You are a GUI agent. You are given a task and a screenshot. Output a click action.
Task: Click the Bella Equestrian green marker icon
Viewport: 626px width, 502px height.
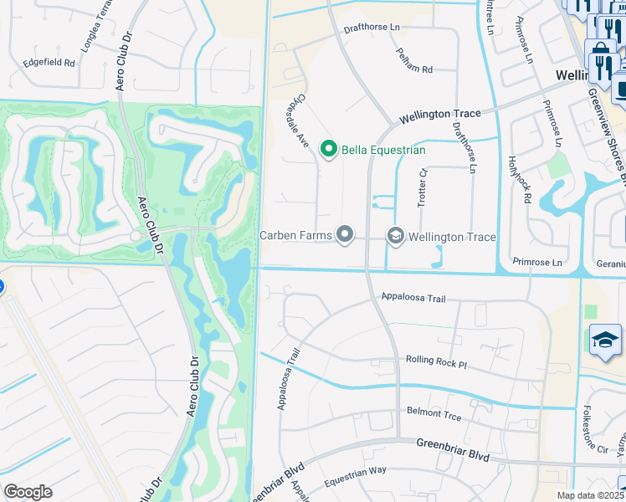click(329, 150)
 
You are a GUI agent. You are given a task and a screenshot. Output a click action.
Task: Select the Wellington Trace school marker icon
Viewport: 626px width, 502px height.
click(394, 237)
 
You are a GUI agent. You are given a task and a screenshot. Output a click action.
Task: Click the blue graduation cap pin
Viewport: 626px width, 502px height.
click(605, 340)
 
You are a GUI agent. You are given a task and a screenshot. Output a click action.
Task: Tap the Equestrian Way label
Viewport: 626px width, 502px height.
click(356, 469)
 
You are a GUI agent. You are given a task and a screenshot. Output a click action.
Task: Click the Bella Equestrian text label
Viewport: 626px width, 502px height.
click(382, 151)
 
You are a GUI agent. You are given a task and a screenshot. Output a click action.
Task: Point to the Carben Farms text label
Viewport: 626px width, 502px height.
click(295, 237)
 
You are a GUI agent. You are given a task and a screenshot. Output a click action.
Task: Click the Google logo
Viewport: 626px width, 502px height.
click(28, 492)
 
